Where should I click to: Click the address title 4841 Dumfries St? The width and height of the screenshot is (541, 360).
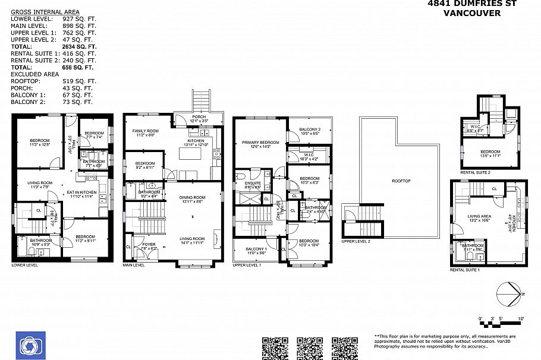click(x=472, y=4)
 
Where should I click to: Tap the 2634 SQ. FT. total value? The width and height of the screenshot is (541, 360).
click(x=79, y=46)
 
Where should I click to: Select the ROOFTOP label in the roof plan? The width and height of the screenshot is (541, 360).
click(x=401, y=181)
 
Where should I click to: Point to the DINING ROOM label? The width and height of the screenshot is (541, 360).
click(x=193, y=197)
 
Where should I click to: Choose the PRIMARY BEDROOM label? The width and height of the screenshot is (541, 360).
click(x=260, y=142)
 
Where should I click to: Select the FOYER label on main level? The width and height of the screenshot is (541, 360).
click(x=141, y=244)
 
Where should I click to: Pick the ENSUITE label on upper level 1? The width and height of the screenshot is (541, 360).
click(x=251, y=184)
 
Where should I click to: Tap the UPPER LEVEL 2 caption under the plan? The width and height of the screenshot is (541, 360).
click(x=356, y=241)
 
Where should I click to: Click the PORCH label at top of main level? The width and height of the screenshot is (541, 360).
click(x=199, y=116)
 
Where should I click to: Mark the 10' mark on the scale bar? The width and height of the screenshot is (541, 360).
click(x=520, y=320)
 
